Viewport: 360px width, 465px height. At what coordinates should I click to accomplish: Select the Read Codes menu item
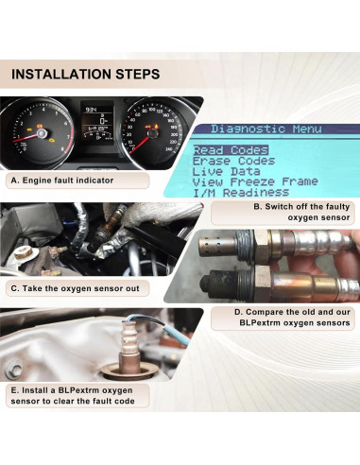231,150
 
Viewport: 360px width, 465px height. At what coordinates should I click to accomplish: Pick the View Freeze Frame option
254,181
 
